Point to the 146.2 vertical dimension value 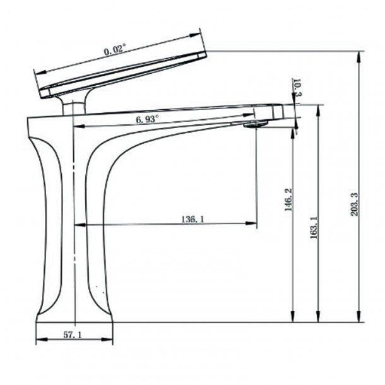[x=288, y=202]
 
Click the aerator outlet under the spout [x=255, y=125]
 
